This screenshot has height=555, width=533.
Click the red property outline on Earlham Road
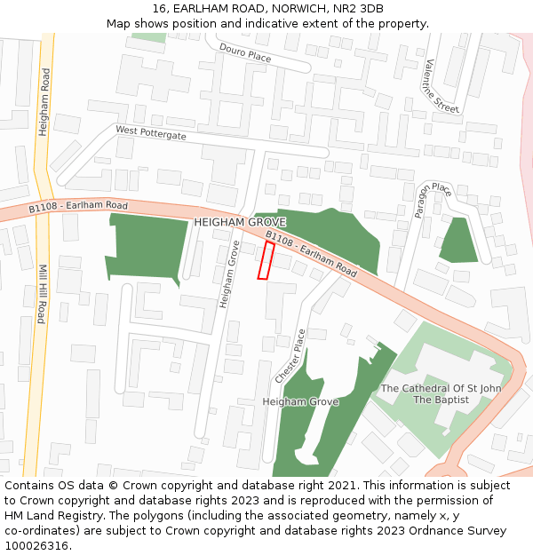(265, 260)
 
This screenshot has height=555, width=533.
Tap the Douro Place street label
(245, 53)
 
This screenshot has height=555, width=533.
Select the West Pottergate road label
(151, 132)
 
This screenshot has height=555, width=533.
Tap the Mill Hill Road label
(42, 293)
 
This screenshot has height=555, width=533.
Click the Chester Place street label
(290, 356)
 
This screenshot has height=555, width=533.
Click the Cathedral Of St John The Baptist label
(441, 393)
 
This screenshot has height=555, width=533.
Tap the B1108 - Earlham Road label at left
(78, 206)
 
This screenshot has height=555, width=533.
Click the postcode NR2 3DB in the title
(361, 8)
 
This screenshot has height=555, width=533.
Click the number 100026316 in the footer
(36, 545)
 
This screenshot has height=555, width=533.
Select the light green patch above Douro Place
(148, 38)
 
